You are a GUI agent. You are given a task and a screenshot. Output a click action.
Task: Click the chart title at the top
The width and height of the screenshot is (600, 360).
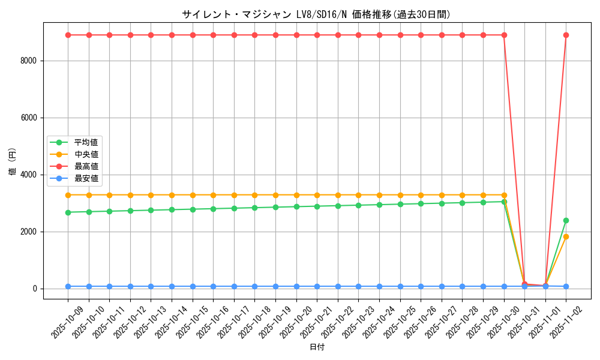[x=316, y=14]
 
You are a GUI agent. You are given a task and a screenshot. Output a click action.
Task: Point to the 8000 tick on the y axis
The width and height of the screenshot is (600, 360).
[x=28, y=61]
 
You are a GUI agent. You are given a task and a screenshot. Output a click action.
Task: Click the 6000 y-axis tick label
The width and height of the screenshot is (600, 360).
[x=28, y=118]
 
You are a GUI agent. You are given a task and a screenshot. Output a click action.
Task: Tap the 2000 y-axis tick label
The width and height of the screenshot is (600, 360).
[x=28, y=232]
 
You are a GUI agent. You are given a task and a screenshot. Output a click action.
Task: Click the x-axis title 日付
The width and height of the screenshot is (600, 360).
[x=316, y=347]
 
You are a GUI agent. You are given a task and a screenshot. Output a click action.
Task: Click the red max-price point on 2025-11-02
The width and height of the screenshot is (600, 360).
[x=566, y=35]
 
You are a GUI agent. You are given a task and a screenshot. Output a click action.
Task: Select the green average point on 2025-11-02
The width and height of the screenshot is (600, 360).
[x=566, y=220]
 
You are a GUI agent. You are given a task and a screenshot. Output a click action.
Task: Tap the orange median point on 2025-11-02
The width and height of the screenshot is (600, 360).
[x=566, y=236]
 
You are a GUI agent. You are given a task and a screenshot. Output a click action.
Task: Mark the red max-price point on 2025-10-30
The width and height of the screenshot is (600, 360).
[x=504, y=35]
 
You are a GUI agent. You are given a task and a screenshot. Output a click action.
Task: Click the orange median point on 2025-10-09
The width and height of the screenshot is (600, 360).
[x=68, y=195]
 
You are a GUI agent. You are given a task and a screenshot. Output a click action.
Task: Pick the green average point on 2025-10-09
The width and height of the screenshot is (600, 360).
[x=68, y=212]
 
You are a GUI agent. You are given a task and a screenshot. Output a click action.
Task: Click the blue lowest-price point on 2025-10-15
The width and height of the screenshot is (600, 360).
[x=193, y=286]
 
